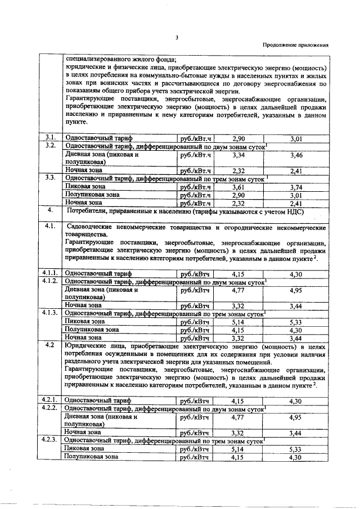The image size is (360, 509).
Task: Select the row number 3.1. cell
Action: coord(49,137)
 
